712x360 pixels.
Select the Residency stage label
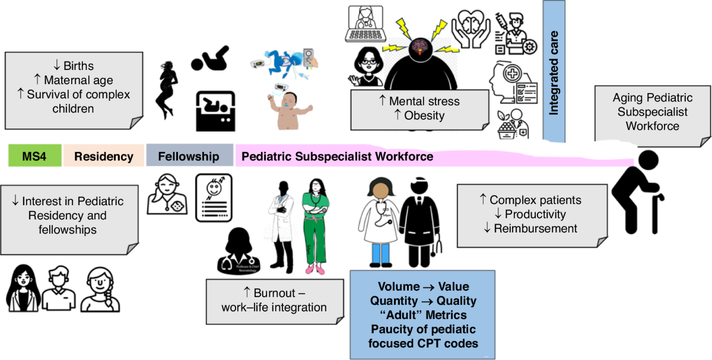click(103, 157)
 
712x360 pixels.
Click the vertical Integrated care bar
click(554, 71)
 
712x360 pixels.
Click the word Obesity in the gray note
click(424, 115)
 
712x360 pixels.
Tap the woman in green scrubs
click(314, 225)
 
